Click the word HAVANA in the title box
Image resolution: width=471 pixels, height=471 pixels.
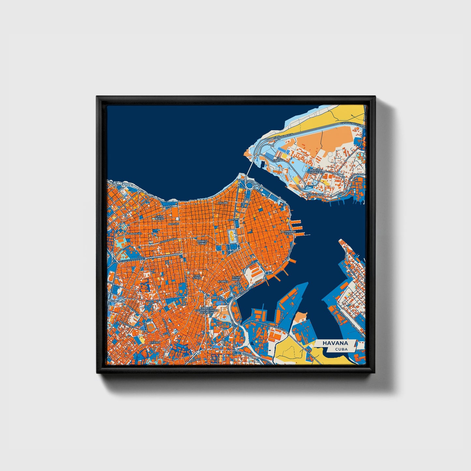335,343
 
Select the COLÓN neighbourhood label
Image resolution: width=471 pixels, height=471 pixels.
223,203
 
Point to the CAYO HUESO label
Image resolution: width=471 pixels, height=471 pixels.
159,217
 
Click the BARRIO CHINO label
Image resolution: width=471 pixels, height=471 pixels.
202,242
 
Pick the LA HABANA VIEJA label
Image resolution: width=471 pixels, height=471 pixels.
288,232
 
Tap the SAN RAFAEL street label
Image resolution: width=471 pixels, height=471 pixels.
135,234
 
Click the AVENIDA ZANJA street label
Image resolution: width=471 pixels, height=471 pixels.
169,241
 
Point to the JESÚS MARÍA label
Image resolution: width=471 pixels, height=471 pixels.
236,278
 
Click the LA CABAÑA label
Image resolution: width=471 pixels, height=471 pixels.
279,160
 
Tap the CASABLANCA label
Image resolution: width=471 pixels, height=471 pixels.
315,194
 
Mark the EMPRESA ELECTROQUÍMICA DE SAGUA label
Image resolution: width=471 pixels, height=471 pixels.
204,310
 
